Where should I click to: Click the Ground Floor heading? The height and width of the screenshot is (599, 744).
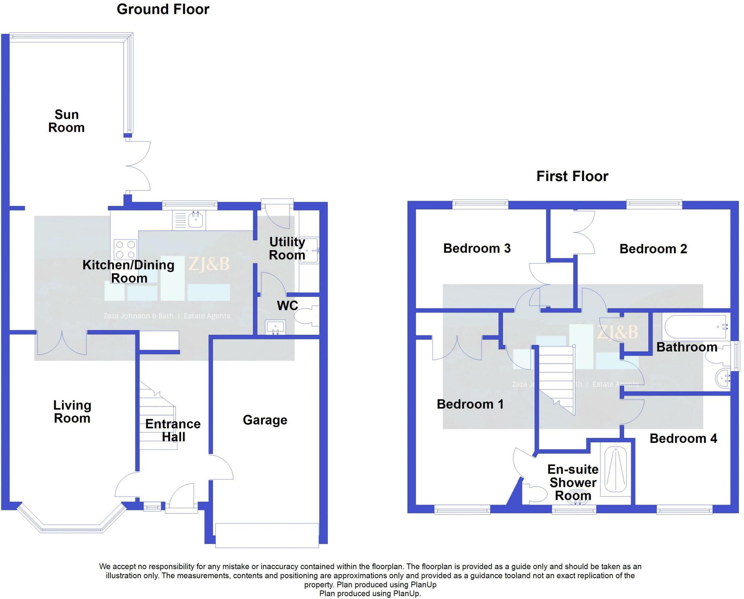pos(163,9)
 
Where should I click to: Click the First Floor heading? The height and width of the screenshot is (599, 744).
pos(572,176)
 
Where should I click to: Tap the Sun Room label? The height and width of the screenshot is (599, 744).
pos(66,121)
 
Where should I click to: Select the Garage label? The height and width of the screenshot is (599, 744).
pos(265,420)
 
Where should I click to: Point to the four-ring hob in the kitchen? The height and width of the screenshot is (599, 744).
pos(125,249)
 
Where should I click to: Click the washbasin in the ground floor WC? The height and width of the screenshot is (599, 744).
pos(275,326)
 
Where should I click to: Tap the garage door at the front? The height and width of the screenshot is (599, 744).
pos(267,535)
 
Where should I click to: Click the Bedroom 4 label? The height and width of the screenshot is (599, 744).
pos(683,439)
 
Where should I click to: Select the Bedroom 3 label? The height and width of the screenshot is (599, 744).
pos(477,249)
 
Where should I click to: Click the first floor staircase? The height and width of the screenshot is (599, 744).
pos(556,378)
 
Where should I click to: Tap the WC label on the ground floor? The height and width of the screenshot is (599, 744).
pos(287,306)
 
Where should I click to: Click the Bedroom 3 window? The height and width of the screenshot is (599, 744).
pos(480,204)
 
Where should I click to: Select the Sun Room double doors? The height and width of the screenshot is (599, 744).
pos(138,166)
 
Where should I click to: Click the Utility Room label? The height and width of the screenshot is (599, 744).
pos(287,249)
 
